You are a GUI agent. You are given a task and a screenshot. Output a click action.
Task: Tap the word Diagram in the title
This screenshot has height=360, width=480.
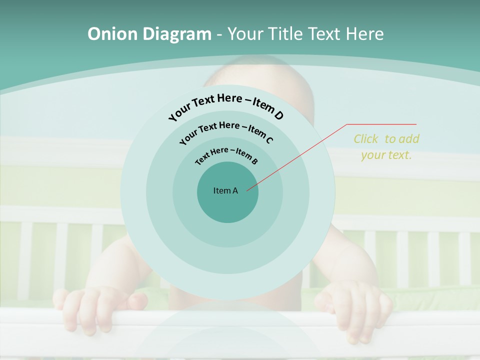(x=177, y=34)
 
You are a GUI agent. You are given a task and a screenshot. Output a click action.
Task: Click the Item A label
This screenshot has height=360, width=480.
(x=225, y=190)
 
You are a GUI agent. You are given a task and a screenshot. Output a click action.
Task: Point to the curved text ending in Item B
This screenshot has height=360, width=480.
(x=226, y=155)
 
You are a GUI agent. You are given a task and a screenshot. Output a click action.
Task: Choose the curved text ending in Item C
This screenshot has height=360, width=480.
(x=226, y=131)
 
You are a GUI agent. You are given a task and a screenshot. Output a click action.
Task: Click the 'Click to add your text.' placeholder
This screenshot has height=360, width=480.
(x=386, y=146)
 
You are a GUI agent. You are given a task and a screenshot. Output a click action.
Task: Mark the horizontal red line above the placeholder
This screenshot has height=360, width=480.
(x=382, y=124)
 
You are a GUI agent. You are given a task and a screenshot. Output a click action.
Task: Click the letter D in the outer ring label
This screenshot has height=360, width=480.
(x=278, y=115)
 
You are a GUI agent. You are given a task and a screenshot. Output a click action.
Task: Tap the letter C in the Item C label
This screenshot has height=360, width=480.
(x=269, y=139)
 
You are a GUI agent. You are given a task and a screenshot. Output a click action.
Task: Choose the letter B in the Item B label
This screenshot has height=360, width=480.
(x=254, y=161)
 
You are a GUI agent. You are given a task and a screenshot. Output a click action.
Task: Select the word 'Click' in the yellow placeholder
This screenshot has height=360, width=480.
(x=366, y=138)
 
